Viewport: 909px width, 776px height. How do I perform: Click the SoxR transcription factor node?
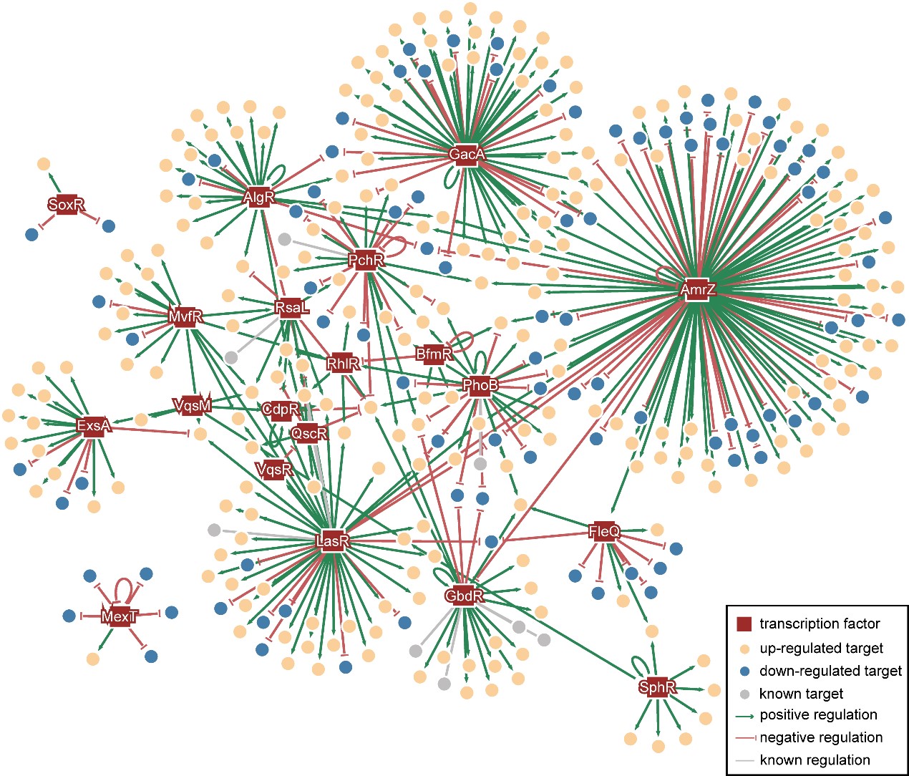coord(66,205)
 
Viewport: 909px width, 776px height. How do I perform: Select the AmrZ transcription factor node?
coord(697,290)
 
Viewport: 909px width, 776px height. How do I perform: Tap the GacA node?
coord(467,154)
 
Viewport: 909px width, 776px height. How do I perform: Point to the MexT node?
coord(119,616)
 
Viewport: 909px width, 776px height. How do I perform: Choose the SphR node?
coord(656,687)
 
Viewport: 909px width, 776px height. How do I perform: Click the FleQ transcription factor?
coord(604,531)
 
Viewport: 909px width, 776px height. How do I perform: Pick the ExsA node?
coord(94,426)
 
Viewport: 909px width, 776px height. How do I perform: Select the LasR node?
coord(332,540)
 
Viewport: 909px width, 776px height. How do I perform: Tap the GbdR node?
coord(464,596)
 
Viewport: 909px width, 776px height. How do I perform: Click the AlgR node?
coord(258,197)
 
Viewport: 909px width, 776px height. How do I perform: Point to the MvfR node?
coord(185,316)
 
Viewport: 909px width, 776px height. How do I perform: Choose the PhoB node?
coord(480,385)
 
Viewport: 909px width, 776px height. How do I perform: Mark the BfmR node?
coord(434,354)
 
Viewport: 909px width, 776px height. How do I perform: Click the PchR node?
coord(366,260)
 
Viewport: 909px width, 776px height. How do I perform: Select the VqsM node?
coord(193,406)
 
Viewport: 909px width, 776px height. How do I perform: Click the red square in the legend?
coord(744,624)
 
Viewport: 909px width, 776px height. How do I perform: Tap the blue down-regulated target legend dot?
coord(744,671)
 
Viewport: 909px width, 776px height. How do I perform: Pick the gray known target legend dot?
coord(744,694)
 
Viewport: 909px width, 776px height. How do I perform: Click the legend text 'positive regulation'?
coord(818,714)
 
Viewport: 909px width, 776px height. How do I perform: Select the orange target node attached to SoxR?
coord(43,164)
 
